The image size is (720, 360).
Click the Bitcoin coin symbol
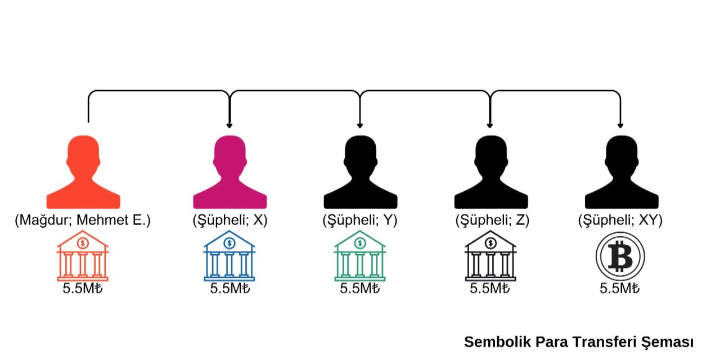point(620,257)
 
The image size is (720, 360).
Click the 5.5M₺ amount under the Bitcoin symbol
point(620,289)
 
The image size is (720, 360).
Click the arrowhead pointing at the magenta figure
point(229,125)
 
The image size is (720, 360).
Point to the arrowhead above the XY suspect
point(620,125)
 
